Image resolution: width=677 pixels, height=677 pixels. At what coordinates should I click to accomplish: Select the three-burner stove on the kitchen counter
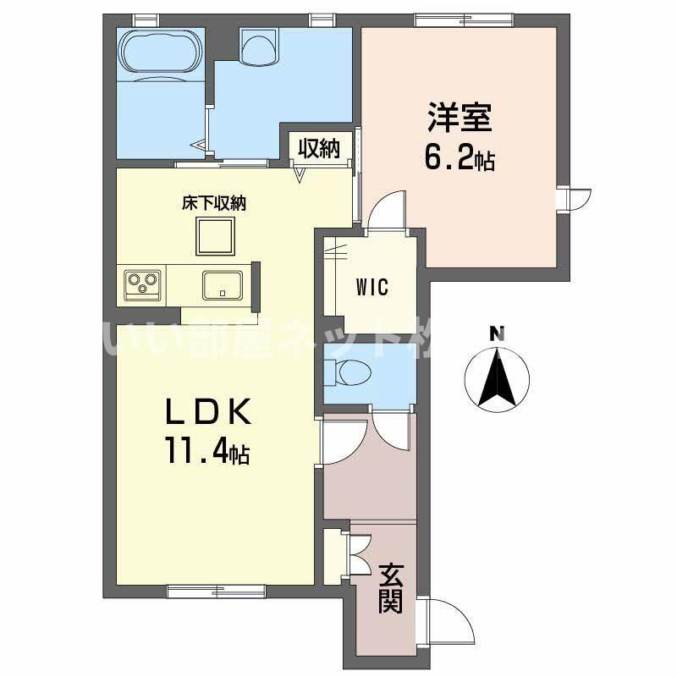pyautogui.click(x=142, y=285)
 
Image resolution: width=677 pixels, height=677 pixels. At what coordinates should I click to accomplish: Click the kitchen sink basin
pyautogui.click(x=223, y=285)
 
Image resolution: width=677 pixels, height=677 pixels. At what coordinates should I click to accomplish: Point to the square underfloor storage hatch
pyautogui.click(x=216, y=236)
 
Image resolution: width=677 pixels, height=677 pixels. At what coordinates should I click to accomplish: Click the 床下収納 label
pyautogui.click(x=214, y=203)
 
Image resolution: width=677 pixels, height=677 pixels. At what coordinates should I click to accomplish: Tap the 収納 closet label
pyautogui.click(x=320, y=149)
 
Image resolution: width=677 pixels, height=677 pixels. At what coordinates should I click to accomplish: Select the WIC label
pyautogui.click(x=372, y=287)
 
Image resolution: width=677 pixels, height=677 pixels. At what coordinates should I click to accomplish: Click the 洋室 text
pyautogui.click(x=460, y=117)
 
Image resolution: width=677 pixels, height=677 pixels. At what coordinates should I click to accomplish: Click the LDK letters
pyautogui.click(x=208, y=410)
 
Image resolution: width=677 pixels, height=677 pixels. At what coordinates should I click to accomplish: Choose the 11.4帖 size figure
pyautogui.click(x=207, y=450)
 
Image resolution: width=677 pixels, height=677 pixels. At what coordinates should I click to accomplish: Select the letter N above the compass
pyautogui.click(x=498, y=333)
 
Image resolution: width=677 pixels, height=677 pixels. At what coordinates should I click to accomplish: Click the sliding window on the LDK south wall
pyautogui.click(x=216, y=591)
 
